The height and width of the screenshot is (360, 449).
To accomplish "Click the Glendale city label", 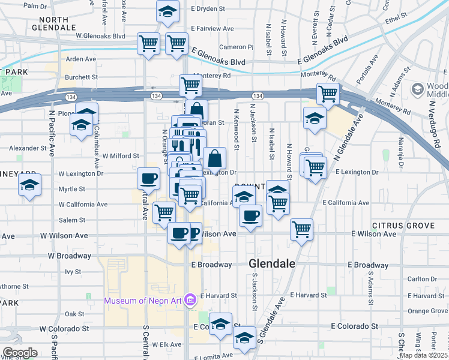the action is [x=272, y=263].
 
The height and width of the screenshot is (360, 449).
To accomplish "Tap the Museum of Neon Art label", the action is [x=143, y=300].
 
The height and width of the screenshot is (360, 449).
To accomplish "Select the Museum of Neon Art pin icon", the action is [x=190, y=299].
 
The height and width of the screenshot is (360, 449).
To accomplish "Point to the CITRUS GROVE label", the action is [x=403, y=226].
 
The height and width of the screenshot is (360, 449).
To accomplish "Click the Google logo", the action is [x=20, y=353].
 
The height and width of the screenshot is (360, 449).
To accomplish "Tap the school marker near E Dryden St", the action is [x=167, y=11].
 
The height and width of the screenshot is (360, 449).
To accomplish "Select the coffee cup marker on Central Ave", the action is [x=149, y=178].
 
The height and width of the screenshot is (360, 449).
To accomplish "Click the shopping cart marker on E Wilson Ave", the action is [x=301, y=229].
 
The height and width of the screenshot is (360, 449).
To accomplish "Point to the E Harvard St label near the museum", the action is [x=219, y=295].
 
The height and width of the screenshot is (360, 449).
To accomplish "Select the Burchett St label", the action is [x=81, y=77].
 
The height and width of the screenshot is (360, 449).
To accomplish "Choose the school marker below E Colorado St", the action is [x=244, y=338].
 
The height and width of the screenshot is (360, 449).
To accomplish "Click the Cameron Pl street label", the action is [x=237, y=47].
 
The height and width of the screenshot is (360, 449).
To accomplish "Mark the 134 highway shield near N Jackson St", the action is [x=257, y=96].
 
